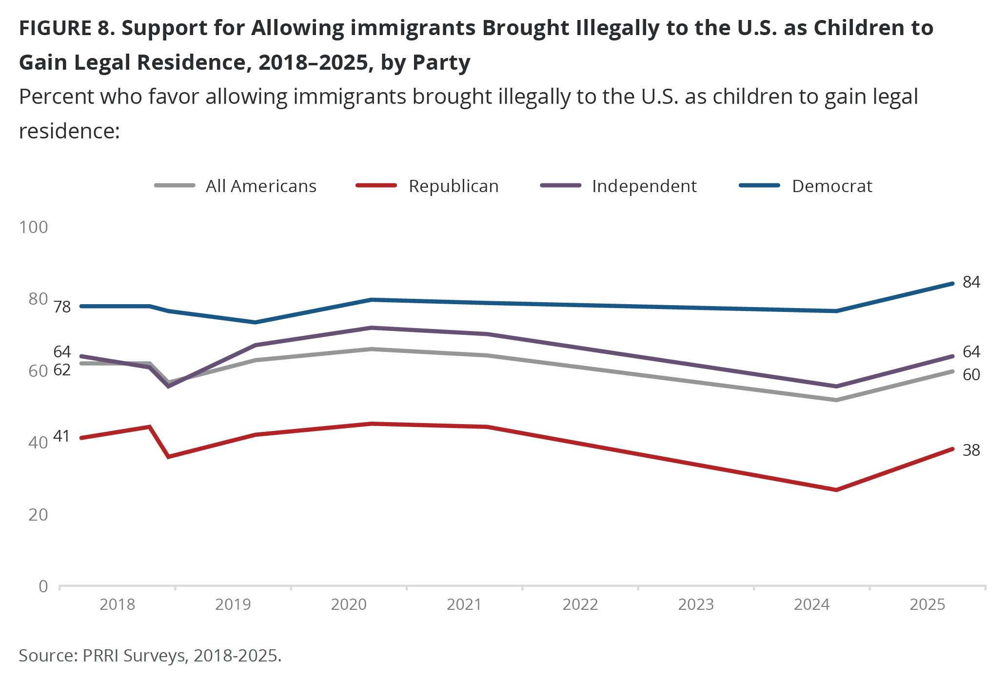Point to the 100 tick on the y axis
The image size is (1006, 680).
[x=33, y=227]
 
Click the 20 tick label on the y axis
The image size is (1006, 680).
[x=38, y=514]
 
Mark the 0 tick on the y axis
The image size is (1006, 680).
[x=43, y=586]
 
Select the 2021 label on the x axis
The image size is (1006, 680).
[x=464, y=605]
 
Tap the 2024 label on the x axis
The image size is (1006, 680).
[x=811, y=605]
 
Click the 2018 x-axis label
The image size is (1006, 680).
[x=117, y=605]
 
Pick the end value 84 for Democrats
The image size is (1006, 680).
[x=971, y=282]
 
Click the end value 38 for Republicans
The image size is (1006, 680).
[x=971, y=450]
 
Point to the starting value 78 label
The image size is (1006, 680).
[x=62, y=307]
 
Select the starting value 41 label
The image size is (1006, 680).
[x=61, y=436]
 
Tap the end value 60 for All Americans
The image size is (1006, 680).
[x=971, y=375]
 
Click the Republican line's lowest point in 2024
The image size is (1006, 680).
[x=836, y=490]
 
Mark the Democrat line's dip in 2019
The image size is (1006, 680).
[x=255, y=322]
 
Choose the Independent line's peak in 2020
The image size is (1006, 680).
[x=372, y=328]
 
